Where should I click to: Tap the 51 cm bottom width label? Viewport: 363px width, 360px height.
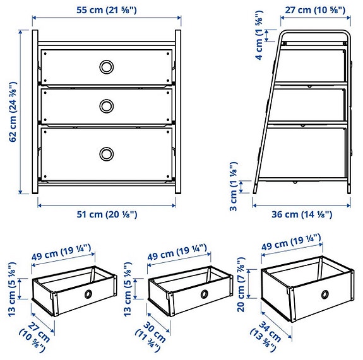click(105, 214)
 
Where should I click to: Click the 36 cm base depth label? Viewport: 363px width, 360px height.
click(301, 214)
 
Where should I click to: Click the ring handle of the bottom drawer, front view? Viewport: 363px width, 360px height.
click(105, 153)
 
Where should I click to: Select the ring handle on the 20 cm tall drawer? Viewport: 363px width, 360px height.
click(324, 294)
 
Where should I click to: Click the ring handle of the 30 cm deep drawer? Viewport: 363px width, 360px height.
click(205, 294)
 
